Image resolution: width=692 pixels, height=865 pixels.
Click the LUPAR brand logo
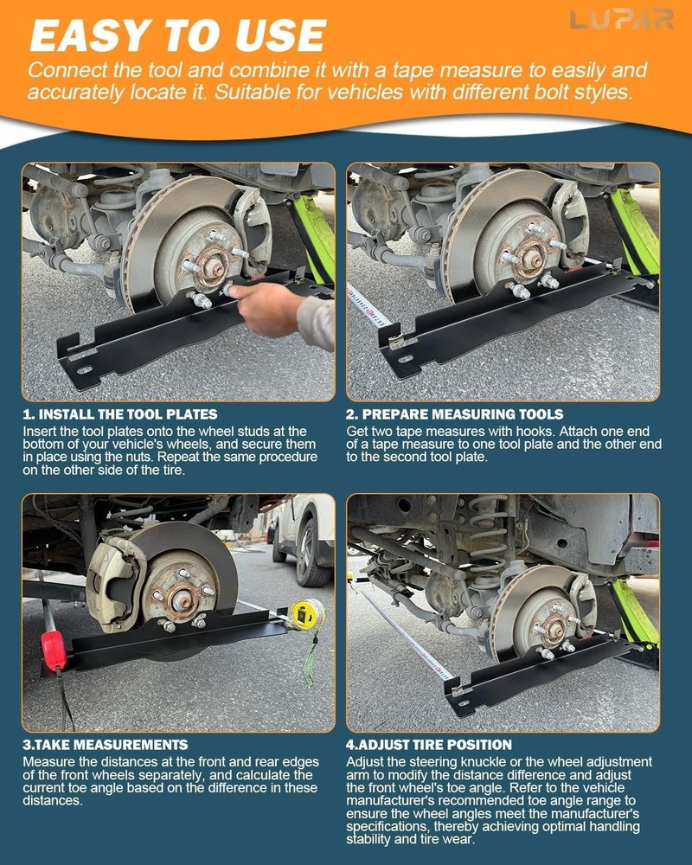[x=621, y=19]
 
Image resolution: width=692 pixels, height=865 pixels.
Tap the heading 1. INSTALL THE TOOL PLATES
[x=121, y=414]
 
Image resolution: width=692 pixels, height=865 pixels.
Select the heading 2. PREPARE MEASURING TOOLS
[x=455, y=414]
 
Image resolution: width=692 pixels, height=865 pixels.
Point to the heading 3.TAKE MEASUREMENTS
[x=106, y=745]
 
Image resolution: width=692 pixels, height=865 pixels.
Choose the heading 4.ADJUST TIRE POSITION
[x=429, y=745]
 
